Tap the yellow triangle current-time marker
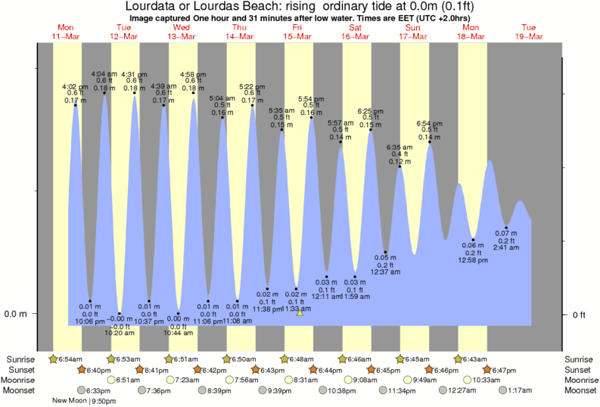click(300, 312)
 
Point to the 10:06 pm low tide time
click(89, 321)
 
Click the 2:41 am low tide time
click(506, 247)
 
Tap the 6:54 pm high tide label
click(430, 123)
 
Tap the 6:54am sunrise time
click(69, 358)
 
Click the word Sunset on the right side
click(580, 369)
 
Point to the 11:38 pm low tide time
click(268, 309)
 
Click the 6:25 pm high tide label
click(371, 110)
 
